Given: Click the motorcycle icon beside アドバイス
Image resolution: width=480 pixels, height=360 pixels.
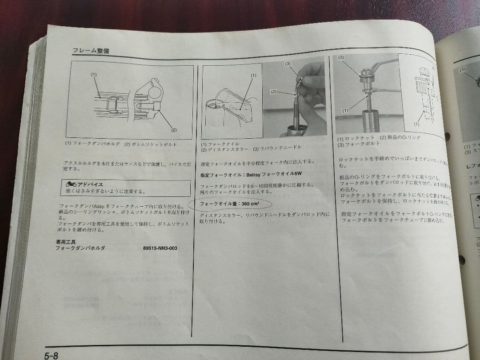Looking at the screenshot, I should [70, 184].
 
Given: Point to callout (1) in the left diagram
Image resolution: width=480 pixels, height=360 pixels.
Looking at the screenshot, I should [94, 75].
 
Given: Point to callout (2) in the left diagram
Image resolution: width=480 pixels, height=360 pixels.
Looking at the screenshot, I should [174, 130].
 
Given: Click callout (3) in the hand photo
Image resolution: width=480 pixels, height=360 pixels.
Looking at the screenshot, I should [288, 64].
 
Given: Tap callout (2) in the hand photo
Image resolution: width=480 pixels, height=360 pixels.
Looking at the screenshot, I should [273, 92].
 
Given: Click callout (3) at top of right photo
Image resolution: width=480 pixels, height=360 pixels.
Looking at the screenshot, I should [341, 58].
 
